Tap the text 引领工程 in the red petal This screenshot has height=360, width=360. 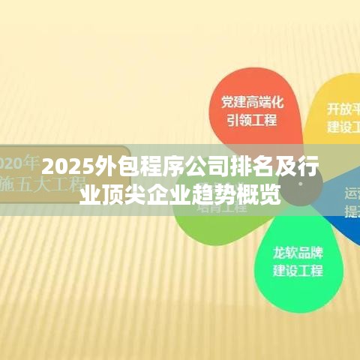click(x=252, y=120)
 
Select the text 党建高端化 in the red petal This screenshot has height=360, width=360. click(x=252, y=100)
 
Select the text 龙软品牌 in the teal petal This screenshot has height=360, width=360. click(x=298, y=252)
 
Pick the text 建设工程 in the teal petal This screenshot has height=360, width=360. click(x=298, y=270)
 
